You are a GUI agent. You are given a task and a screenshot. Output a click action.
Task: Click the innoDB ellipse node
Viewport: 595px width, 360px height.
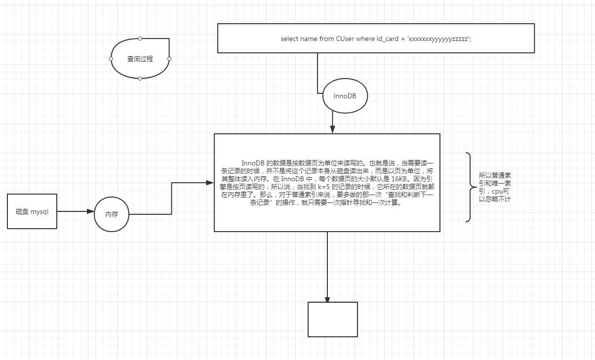coord(345,96)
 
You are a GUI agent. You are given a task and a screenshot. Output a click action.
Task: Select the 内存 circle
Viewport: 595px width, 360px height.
coord(111,214)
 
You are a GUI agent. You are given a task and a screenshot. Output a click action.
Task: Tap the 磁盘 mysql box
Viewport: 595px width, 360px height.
coord(32,211)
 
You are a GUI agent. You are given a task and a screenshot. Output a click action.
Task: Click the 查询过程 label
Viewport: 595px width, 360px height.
coord(140,59)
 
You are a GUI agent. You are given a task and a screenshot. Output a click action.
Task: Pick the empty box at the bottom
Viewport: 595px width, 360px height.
coord(333,320)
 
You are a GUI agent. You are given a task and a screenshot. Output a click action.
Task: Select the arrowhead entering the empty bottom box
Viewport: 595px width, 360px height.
coord(327,299)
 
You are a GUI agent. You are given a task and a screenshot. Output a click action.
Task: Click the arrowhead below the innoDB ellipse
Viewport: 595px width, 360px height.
coord(333,130)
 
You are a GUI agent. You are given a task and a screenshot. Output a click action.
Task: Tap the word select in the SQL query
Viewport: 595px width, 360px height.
coord(289,39)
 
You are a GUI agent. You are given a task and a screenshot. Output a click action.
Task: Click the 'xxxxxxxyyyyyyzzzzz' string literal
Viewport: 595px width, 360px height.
coord(438,39)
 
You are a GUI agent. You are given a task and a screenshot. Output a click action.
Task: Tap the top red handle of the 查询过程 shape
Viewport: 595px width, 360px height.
coord(140,38)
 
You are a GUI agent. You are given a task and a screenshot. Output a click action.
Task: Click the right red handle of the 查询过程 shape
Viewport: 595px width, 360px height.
coord(169,59)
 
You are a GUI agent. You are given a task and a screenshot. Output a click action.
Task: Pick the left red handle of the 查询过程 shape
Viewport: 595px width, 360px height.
coord(111,59)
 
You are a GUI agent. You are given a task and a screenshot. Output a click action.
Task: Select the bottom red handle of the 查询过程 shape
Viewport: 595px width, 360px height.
coord(140,79)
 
